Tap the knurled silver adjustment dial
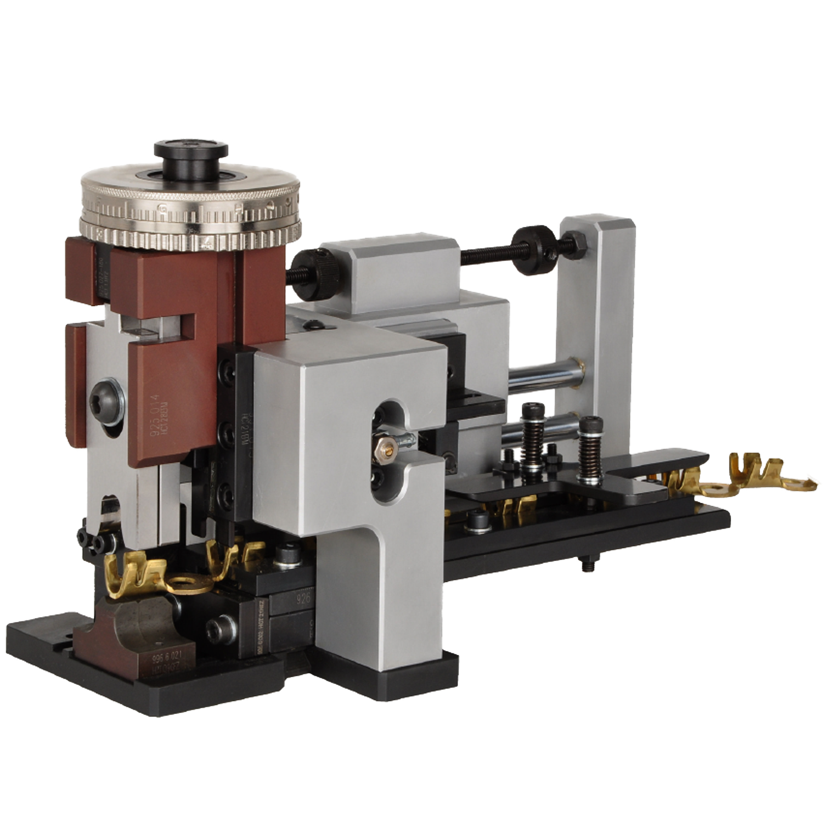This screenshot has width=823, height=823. coord(191,219)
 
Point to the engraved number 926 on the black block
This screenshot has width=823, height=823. coord(303,598)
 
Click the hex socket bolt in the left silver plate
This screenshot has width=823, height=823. coord(107,404)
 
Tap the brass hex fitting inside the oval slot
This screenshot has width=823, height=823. coord(386,449)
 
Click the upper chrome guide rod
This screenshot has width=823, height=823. coord(543,377)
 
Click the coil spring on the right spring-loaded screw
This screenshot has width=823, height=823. coord(591,453)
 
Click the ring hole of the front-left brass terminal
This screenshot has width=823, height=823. coord(193,580)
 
